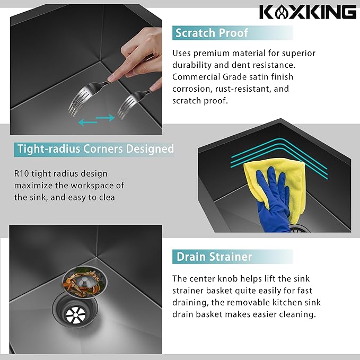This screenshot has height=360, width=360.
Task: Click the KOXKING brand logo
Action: [308, 12]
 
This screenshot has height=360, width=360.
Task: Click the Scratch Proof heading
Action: [212, 33]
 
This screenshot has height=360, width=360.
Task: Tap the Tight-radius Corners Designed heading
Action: [96, 149]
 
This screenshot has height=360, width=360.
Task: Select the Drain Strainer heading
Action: [214, 257]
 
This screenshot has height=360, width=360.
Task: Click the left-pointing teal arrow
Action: [87, 122]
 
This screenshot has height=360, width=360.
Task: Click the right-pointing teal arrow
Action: [106, 118]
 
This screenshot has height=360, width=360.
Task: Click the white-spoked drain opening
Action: [75, 314]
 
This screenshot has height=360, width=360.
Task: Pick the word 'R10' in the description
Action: [21, 173]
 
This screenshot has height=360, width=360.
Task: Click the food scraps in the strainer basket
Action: [84, 282]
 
